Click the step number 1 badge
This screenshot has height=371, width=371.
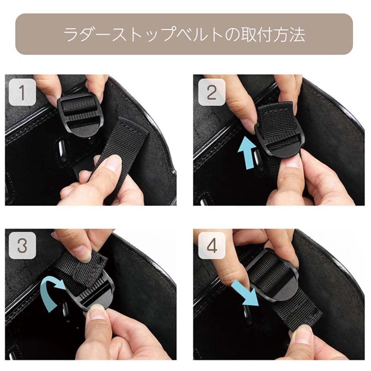coord(22,92)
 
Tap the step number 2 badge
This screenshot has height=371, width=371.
coord(211,92)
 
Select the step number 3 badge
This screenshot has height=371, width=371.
coord(22,246)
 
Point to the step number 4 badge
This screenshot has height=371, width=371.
coord(211,246)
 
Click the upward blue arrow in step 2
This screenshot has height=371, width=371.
coord(247,153)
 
